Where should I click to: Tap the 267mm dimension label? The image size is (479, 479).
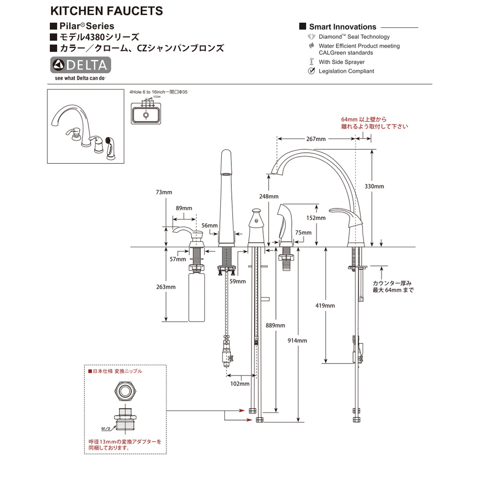(x=316, y=139)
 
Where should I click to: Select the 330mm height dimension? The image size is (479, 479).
(x=375, y=186)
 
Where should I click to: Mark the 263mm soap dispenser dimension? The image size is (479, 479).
(x=166, y=287)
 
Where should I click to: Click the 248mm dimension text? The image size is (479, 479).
(x=269, y=196)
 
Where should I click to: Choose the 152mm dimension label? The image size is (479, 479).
(x=317, y=218)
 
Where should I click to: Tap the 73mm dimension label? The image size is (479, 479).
(x=164, y=192)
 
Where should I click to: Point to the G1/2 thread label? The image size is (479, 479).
(x=106, y=429)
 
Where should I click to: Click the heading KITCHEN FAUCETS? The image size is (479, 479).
(x=106, y=11)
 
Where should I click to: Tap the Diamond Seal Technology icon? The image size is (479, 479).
(x=311, y=37)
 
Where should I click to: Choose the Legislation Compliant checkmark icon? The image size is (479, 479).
(x=311, y=71)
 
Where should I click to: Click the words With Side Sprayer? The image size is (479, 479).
(x=342, y=62)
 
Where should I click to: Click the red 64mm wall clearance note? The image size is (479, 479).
(x=374, y=123)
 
